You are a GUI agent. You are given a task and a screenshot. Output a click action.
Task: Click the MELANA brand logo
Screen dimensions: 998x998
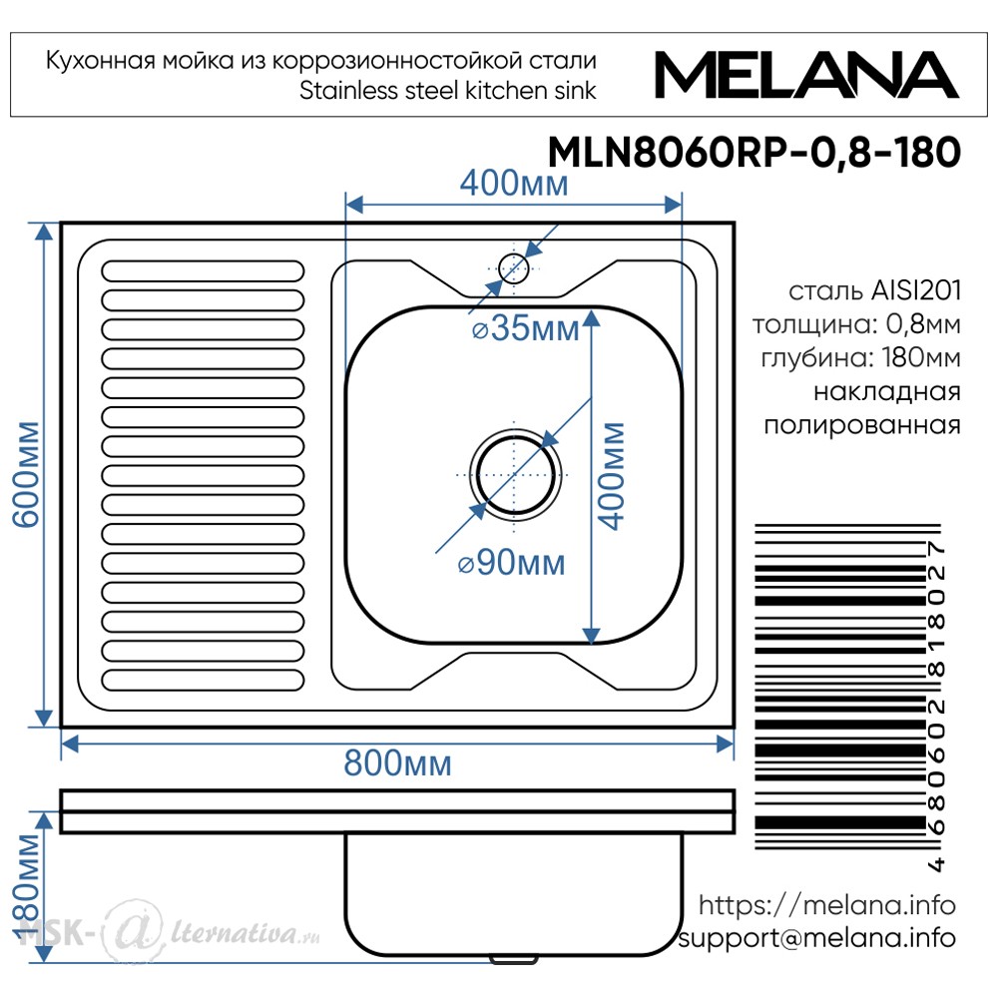[806, 75]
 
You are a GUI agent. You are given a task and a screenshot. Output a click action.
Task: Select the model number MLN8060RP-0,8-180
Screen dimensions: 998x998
[754, 153]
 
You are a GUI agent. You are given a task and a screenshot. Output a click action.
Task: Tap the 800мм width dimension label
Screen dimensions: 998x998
[398, 762]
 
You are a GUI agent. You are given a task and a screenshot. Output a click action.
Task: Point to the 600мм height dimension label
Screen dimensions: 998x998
[28, 474]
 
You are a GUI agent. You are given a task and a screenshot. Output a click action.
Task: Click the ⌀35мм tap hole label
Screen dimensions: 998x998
[526, 328]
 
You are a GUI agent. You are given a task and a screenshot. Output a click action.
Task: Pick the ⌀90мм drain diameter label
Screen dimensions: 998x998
[512, 563]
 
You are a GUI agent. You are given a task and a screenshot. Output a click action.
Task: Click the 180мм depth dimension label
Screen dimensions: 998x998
[28, 887]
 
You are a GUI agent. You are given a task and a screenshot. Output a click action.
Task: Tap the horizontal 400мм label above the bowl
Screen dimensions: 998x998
[514, 184]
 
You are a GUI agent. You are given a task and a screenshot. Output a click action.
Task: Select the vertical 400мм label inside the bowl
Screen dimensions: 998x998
[613, 475]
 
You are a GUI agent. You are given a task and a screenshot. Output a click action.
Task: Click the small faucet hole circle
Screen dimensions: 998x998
[514, 267]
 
